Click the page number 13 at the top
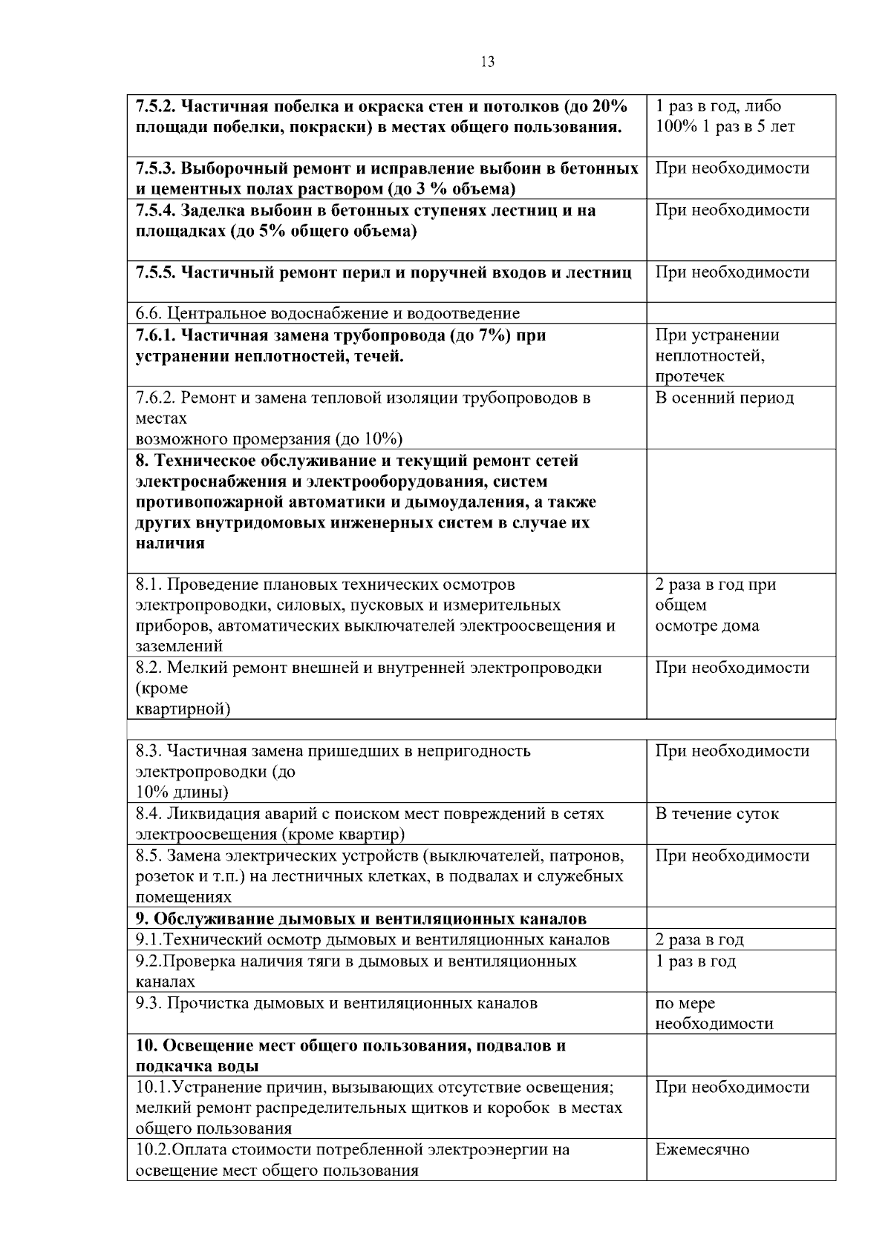point(488,62)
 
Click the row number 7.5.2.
point(155,106)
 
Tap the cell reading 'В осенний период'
point(724,398)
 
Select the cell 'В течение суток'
point(717,814)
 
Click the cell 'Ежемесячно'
point(702,1150)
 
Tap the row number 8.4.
point(148,814)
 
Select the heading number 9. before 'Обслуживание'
point(142,919)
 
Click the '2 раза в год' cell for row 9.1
point(699,940)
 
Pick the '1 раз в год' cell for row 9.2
point(696,961)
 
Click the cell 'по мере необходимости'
point(714,1013)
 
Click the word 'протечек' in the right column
point(690,377)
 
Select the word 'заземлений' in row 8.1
point(179,646)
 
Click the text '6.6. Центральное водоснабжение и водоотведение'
point(327,314)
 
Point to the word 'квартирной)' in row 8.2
point(183,709)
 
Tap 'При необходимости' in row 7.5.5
point(732,272)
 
